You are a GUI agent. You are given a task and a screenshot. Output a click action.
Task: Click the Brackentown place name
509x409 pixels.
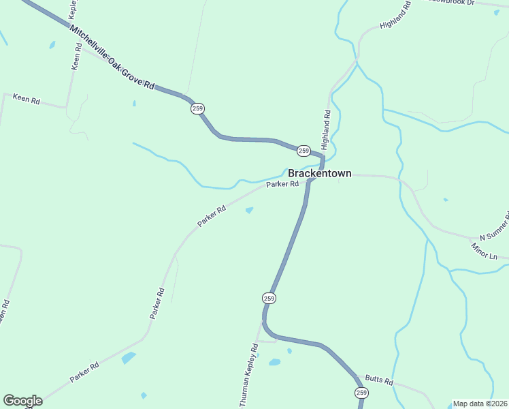click(319, 174)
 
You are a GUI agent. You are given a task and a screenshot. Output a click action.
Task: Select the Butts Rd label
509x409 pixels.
click(379, 380)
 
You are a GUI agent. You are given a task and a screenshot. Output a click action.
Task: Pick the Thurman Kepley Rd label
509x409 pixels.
click(249, 376)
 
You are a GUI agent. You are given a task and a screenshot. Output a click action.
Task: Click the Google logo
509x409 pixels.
click(22, 401)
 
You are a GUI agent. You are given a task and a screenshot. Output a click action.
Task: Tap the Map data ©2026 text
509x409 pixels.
click(480, 404)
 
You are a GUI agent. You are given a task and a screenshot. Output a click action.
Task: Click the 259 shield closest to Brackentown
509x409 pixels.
click(303, 151)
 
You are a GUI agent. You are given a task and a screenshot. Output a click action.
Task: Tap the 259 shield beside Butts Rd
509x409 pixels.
click(361, 393)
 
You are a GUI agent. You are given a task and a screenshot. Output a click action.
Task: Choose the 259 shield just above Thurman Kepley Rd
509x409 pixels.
click(269, 298)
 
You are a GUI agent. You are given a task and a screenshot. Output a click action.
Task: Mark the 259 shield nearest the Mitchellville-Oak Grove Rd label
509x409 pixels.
click(197, 108)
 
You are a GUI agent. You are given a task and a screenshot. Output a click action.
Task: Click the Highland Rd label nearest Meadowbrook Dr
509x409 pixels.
click(396, 15)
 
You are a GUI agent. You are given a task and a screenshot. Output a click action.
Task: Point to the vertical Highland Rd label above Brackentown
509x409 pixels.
click(327, 130)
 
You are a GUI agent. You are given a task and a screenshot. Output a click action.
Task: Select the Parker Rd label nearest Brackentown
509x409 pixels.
click(282, 184)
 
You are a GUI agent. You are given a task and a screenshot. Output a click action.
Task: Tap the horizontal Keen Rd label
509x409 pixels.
click(27, 100)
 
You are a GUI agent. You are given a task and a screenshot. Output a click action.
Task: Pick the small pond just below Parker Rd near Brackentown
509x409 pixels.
click(250, 209)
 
